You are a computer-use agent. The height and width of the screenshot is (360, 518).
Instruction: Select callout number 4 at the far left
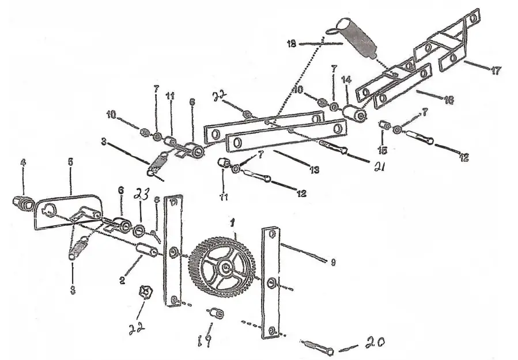tap(23, 164)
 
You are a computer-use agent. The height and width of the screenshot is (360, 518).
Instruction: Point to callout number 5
tap(70, 163)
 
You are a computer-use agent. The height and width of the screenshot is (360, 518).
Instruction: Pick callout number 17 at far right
tap(496, 71)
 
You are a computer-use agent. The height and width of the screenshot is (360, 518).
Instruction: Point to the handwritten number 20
tap(374, 344)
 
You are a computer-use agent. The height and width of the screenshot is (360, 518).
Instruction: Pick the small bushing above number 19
tap(216, 313)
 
